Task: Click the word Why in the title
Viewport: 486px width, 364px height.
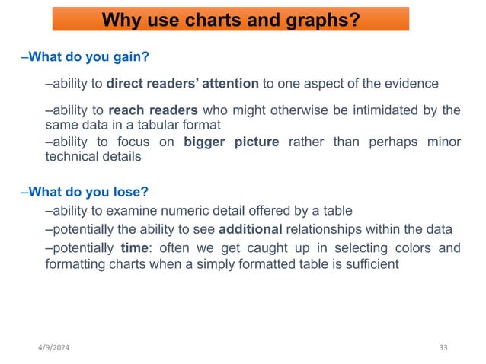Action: [x=120, y=19]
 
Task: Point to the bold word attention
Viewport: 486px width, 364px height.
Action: [x=226, y=83]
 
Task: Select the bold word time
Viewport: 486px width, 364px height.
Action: [x=134, y=247]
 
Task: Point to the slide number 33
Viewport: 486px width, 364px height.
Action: [x=443, y=348]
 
